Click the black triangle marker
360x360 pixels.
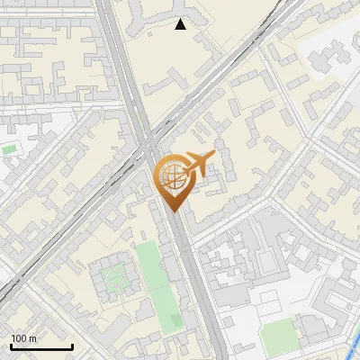point(181,24)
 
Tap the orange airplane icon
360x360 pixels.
point(197,163)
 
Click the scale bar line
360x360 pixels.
point(41,347)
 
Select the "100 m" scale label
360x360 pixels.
point(23,338)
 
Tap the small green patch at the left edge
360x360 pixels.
point(9,148)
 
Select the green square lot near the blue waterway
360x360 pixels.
point(279,335)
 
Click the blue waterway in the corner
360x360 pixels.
point(353,342)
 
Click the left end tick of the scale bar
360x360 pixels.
point(11,346)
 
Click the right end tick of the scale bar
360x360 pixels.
point(72,346)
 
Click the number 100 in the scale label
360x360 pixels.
point(19,338)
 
